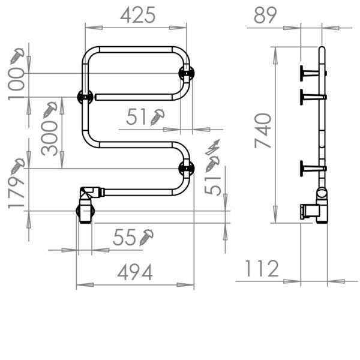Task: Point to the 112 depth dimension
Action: coord(262,269)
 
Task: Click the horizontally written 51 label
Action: coord(137,118)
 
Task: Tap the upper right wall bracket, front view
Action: coord(186,73)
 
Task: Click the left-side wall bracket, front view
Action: coord(83,96)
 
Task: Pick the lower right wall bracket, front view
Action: coord(187,168)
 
